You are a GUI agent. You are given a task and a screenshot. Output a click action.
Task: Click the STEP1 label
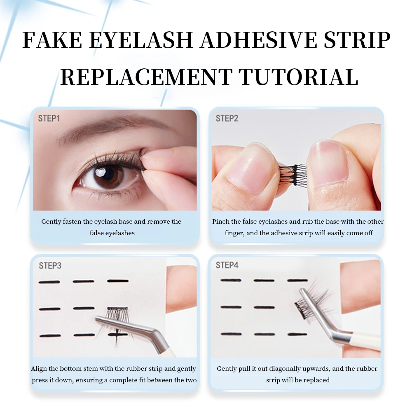pos(49,118)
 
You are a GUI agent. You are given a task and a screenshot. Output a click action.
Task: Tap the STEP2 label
pos(227,119)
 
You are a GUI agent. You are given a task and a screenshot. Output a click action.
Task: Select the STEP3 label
pos(50,266)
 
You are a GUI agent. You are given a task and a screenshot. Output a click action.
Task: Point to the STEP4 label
pos(227,265)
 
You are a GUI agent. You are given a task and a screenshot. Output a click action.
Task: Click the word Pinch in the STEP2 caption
pos(221,222)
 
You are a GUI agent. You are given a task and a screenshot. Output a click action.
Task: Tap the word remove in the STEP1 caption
pos(159,222)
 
